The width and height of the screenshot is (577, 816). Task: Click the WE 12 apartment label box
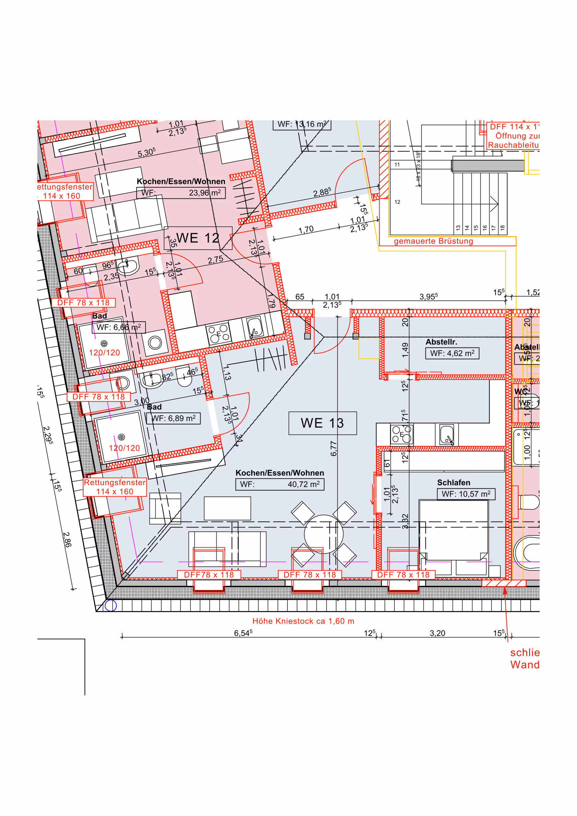point(198,238)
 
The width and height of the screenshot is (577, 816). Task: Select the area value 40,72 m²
point(303,484)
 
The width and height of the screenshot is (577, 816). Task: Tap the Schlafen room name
point(453,482)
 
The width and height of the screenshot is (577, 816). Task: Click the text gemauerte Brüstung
point(433,241)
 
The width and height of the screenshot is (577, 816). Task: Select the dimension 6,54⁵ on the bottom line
point(243,633)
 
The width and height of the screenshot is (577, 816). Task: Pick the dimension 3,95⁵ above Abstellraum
point(428,296)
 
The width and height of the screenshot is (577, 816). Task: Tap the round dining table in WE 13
point(324,534)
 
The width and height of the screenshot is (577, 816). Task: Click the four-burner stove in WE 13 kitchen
point(401,434)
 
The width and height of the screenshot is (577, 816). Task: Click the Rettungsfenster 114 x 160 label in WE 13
point(115,487)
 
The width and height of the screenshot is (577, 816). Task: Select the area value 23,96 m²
point(204,193)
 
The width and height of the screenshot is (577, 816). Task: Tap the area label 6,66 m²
point(118,327)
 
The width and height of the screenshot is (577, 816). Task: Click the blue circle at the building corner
point(110,605)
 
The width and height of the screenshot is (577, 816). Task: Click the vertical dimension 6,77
point(333,449)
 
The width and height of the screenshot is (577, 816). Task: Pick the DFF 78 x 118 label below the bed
point(403,575)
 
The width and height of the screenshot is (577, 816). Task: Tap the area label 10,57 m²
point(465,494)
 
